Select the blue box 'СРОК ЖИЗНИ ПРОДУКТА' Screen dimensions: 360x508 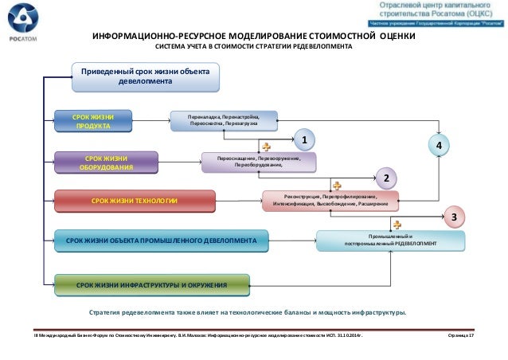pyautogui.click(x=94, y=121)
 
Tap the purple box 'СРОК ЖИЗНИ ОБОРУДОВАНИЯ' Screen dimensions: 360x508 pyautogui.click(x=95, y=163)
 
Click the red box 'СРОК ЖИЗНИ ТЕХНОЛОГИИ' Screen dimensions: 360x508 pyautogui.click(x=134, y=201)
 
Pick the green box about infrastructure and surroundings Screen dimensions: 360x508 pyautogui.click(x=151, y=284)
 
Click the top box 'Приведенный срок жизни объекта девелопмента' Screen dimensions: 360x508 pyautogui.click(x=144, y=77)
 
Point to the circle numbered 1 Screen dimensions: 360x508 pyautogui.click(x=303, y=141)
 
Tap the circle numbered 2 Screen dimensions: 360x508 pyautogui.click(x=385, y=178)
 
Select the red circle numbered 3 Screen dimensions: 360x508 pyautogui.click(x=453, y=216)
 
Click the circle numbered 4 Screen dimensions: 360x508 pyautogui.click(x=438, y=146)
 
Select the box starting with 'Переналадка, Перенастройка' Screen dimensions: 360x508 pyautogui.click(x=229, y=120)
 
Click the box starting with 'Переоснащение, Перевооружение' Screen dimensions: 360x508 pyautogui.click(x=260, y=162)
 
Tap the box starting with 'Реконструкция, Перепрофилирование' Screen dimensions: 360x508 pyautogui.click(x=330, y=200)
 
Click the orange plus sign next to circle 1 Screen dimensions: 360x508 pyautogui.click(x=267, y=147)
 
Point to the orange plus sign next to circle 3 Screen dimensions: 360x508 pyautogui.click(x=396, y=225)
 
